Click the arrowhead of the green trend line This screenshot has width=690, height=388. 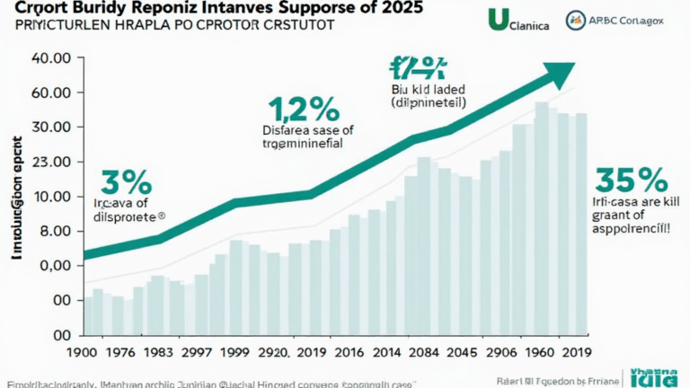(x=558, y=75)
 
